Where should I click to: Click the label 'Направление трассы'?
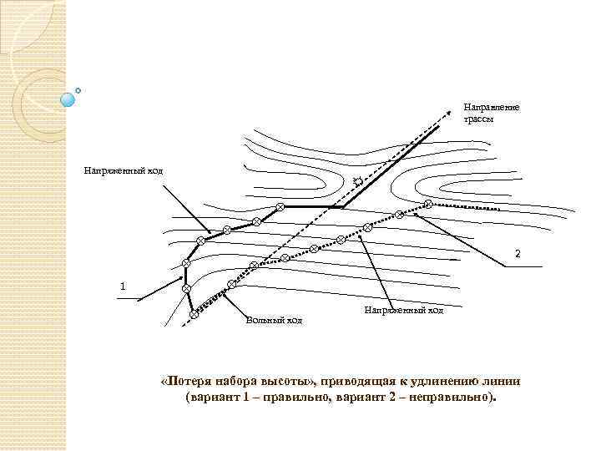tap(491, 114)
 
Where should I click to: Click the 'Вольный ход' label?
tap(274, 319)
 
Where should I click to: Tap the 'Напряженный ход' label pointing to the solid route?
tap(124, 171)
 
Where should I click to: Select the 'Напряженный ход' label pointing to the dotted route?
tap(404, 311)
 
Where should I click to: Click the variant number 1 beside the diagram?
tap(124, 286)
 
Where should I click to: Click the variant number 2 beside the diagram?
tap(518, 252)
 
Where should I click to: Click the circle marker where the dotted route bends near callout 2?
tap(428, 205)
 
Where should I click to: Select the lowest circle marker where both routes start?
tap(194, 314)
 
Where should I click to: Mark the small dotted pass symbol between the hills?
tap(357, 181)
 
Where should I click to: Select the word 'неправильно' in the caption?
tap(451, 398)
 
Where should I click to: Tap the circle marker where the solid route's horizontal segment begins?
tap(280, 206)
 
